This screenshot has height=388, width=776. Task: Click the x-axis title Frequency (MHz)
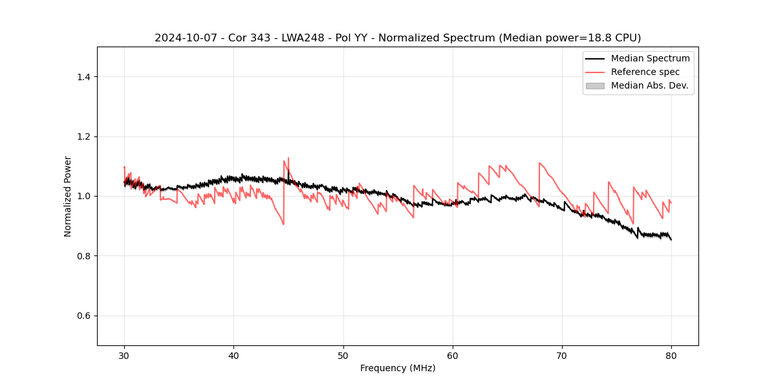coord(398,369)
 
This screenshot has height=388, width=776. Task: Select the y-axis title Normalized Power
coord(68,196)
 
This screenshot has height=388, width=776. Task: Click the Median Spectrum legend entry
coord(650,58)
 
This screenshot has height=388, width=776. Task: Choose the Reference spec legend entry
coord(645,72)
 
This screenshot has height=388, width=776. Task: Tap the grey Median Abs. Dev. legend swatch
coord(595,85)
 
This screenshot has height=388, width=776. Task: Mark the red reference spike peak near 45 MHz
coord(288,157)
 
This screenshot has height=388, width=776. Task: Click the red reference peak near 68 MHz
coord(539,163)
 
